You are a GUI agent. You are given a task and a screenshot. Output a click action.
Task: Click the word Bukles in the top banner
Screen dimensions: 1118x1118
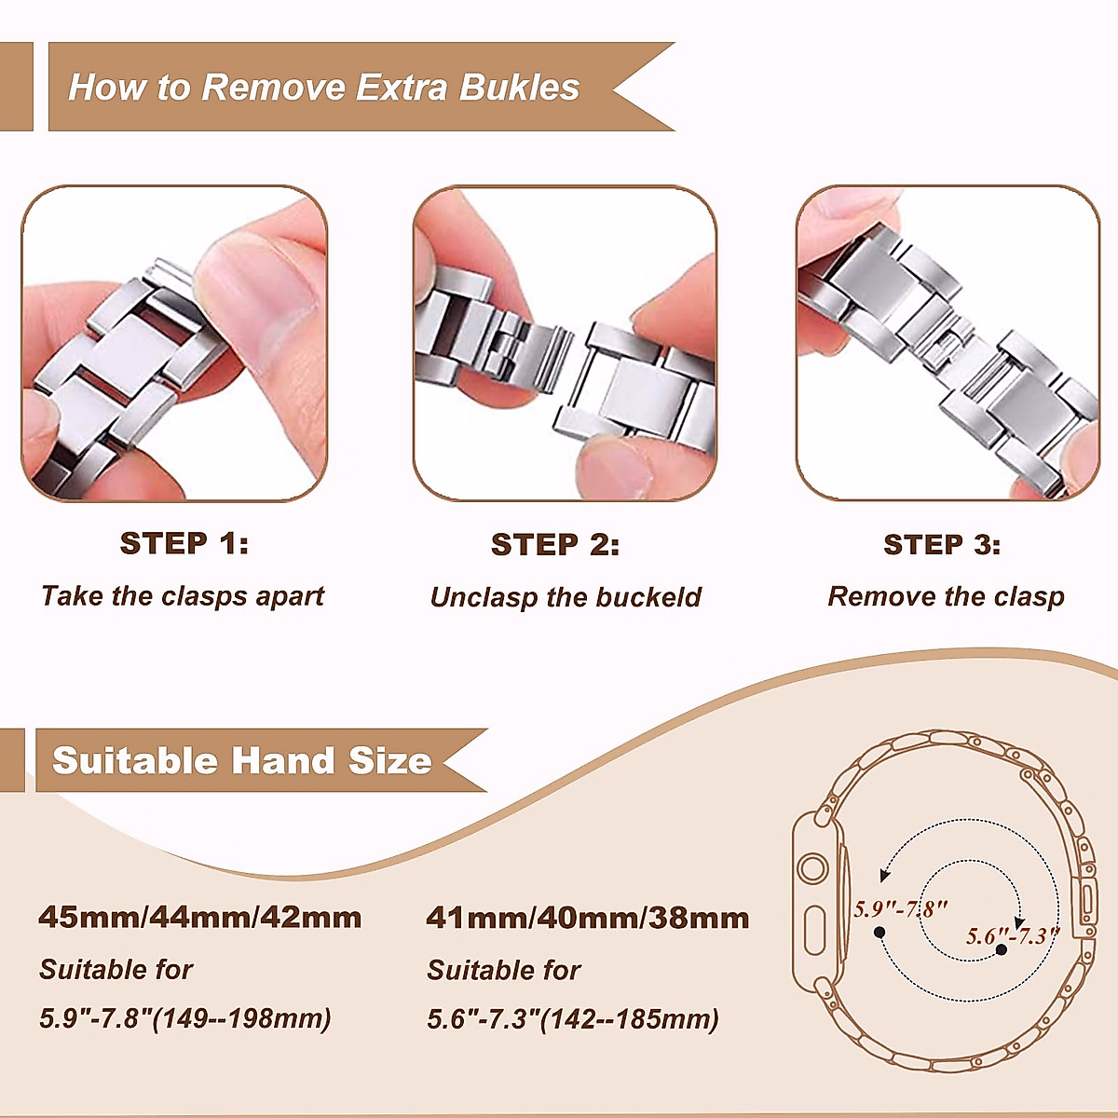click(x=520, y=88)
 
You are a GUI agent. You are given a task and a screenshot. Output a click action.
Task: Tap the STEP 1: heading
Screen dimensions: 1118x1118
click(x=184, y=543)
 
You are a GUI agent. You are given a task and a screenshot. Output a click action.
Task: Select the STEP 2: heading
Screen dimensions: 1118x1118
click(x=555, y=544)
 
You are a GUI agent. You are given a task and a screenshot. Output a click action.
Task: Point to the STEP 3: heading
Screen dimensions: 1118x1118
click(x=942, y=544)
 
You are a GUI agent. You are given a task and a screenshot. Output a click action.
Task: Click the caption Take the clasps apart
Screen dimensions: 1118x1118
click(x=183, y=596)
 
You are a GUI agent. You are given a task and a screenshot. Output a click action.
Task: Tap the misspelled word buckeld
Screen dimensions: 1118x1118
click(x=648, y=597)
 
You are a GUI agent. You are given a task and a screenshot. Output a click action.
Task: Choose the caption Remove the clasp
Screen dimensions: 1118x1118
click(x=946, y=596)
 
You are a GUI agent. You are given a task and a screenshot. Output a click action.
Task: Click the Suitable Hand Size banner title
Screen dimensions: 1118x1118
click(x=242, y=761)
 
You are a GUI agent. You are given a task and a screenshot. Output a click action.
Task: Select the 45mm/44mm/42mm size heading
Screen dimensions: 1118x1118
click(x=200, y=917)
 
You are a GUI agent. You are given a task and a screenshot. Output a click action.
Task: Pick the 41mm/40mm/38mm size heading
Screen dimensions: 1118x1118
click(x=588, y=918)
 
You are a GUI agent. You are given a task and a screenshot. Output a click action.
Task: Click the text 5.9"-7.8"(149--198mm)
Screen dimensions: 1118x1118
click(x=185, y=1018)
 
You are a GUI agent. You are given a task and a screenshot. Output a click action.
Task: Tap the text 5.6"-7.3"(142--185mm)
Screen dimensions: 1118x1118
click(x=573, y=1019)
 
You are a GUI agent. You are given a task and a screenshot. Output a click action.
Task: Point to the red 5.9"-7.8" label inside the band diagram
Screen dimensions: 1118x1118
click(x=901, y=908)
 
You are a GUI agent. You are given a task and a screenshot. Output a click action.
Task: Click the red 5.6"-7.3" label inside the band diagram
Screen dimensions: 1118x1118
click(x=1012, y=935)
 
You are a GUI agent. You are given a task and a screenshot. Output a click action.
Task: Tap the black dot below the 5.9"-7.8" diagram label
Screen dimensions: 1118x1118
click(x=879, y=932)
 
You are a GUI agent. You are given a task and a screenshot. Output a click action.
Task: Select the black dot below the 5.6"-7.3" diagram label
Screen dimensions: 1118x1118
click(x=1001, y=949)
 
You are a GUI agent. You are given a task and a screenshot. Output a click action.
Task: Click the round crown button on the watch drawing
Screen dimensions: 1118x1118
click(x=813, y=869)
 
